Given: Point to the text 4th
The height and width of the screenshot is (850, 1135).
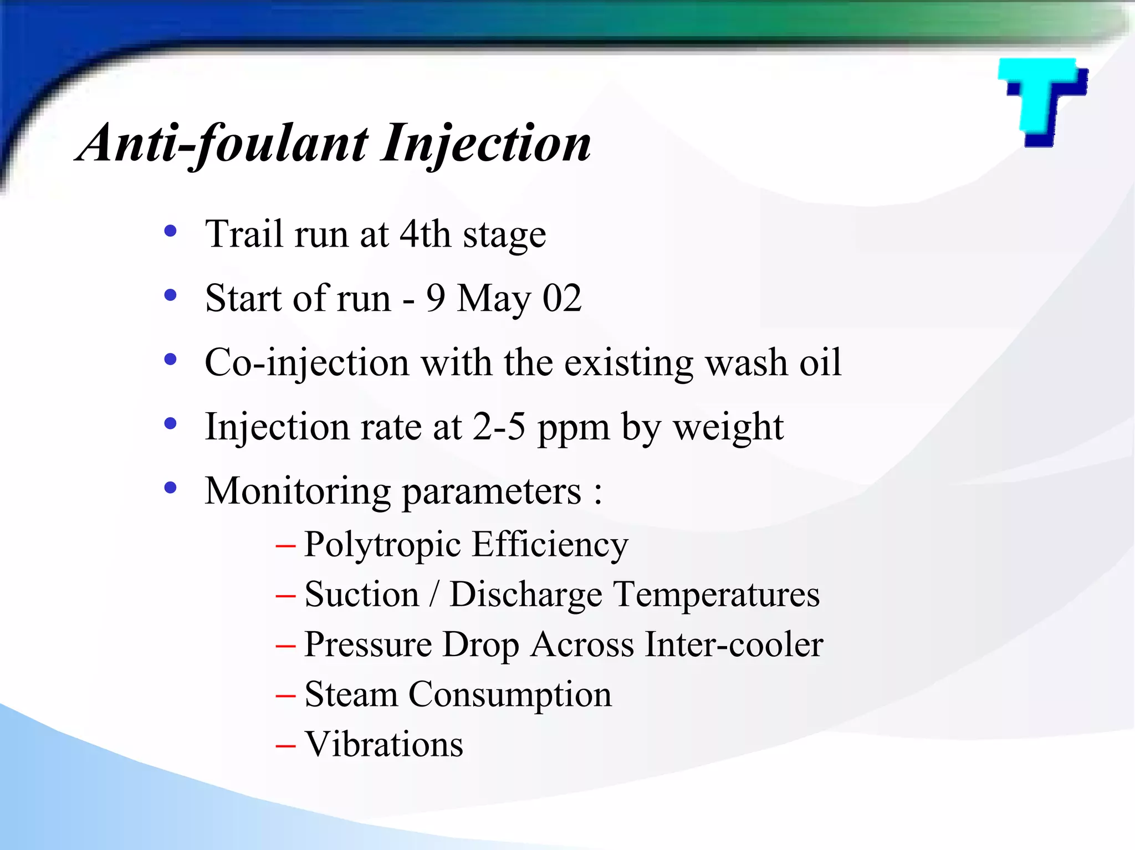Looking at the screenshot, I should pos(425,234).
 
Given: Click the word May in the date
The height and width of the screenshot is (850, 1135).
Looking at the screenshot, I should pos(494,299).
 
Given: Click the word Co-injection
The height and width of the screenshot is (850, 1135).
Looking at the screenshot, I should pos(306,363).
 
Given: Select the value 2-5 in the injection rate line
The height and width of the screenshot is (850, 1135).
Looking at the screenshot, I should pos(498,427).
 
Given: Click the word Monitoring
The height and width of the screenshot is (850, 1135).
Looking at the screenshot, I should pos(298,492).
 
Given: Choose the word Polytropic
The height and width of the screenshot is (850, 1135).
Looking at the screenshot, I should pos(382,545).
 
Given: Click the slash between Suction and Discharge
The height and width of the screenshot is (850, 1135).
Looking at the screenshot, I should pos(434,595).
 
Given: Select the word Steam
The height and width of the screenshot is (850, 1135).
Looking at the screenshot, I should pos(351,694).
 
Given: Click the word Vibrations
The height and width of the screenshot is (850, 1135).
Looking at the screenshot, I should pos(384,744).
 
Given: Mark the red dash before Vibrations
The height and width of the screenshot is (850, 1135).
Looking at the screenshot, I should pos(285,746).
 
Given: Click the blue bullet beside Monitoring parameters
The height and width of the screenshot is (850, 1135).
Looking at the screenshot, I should pos(170,488).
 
